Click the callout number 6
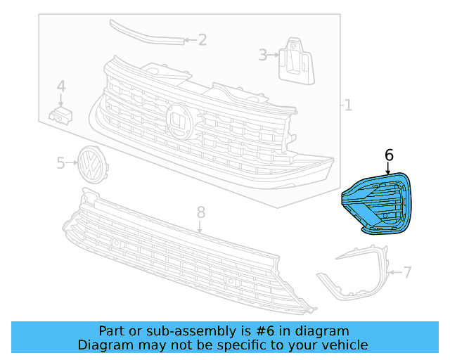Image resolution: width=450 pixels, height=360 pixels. (389, 155)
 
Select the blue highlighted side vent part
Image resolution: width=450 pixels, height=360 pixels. (375, 201)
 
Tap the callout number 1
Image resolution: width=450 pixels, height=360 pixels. (347, 105)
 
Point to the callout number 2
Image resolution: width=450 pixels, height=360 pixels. (202, 40)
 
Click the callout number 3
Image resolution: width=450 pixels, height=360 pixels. (263, 54)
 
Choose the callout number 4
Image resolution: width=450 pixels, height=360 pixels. (61, 86)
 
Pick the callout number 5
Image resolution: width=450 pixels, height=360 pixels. (60, 163)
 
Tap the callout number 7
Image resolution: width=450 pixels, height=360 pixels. (407, 271)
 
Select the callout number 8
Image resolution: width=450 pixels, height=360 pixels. (200, 211)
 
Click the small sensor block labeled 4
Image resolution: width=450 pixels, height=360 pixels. (60, 114)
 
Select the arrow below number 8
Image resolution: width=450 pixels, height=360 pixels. (200, 226)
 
